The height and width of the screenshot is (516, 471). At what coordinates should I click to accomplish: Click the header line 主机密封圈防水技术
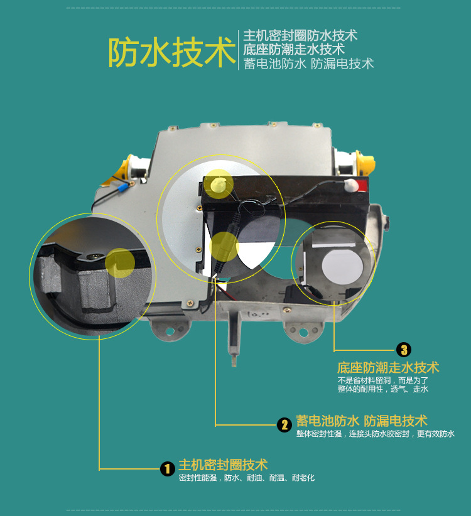point(300,36)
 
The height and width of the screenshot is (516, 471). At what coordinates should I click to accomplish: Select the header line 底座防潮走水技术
point(294,50)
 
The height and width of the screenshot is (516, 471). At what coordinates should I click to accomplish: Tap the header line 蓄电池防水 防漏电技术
point(308,63)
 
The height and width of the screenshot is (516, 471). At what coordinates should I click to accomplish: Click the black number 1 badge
point(166,468)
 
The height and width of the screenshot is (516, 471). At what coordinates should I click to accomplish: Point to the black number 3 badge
point(404,350)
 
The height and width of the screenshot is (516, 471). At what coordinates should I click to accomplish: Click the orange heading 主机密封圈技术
point(223,465)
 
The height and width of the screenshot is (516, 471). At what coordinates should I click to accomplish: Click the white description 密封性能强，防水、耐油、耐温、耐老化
point(246,478)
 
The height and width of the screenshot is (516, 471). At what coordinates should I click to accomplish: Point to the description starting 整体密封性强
point(375,434)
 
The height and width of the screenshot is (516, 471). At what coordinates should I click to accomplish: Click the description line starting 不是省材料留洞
point(382,380)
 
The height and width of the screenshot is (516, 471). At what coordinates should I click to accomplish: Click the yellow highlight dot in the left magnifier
point(119,262)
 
